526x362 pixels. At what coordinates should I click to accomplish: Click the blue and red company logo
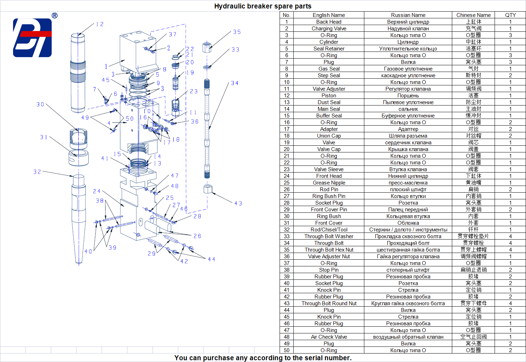[32, 38]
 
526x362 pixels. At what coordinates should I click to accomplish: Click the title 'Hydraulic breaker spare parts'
[263, 6]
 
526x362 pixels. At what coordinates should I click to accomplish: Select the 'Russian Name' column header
[408, 15]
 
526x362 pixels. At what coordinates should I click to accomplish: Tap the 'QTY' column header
[510, 15]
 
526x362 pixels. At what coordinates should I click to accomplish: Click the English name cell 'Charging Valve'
[329, 29]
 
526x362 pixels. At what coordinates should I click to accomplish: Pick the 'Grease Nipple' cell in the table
[329, 183]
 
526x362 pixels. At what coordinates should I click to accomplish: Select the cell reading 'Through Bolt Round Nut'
[329, 303]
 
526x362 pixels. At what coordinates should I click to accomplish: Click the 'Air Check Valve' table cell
[329, 337]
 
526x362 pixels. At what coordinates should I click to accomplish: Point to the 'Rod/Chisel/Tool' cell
[329, 230]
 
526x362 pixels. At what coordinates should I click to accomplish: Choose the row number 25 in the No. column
[286, 183]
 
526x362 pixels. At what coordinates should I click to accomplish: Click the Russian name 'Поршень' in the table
[408, 96]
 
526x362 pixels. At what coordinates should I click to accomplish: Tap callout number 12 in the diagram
[100, 24]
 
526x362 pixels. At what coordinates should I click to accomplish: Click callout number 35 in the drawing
[237, 32]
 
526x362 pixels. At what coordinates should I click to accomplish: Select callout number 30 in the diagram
[40, 104]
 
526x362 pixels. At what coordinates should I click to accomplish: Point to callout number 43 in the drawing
[238, 204]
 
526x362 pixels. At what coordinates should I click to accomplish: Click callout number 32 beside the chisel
[37, 172]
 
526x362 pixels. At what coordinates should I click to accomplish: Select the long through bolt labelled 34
[207, 131]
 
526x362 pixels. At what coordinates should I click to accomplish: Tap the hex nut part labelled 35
[207, 47]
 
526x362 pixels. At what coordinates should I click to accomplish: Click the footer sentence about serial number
[263, 358]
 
